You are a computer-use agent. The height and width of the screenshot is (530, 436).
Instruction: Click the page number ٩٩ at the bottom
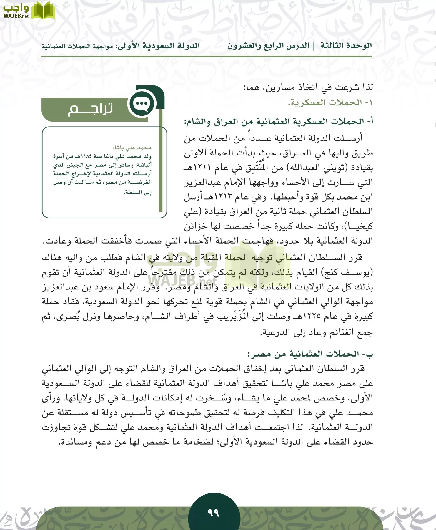213,513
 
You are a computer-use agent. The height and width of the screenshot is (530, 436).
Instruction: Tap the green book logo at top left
43,10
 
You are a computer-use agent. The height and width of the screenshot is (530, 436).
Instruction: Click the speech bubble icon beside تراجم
142,104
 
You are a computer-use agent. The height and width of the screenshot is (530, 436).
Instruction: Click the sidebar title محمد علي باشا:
132,148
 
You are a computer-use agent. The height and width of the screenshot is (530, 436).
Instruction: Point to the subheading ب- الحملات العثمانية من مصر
310,354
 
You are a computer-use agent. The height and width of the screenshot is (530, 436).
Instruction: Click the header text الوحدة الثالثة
346,46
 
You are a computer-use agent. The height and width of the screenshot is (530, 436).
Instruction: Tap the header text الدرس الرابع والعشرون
268,46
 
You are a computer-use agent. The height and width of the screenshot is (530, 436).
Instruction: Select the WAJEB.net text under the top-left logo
16,16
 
